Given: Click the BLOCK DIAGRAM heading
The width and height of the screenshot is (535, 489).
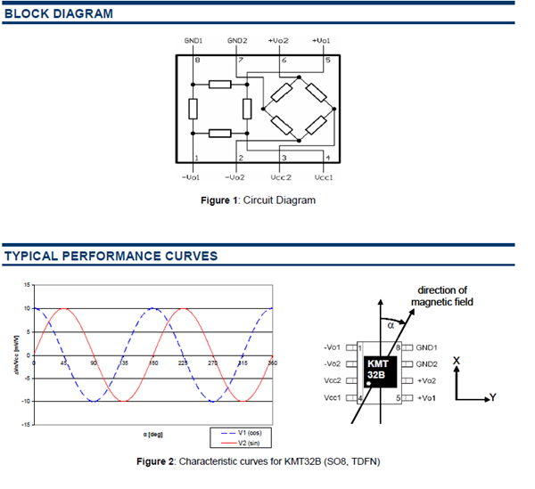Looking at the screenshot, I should pyautogui.click(x=59, y=14).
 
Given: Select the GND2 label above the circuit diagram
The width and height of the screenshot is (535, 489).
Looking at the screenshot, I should pyautogui.click(x=237, y=41).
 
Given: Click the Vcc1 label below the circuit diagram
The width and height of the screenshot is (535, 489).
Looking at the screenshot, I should pyautogui.click(x=326, y=177).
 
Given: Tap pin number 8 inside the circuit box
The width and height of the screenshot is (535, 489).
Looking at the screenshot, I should pyautogui.click(x=197, y=60).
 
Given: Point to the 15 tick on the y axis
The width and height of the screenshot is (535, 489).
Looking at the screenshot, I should pyautogui.click(x=26, y=284).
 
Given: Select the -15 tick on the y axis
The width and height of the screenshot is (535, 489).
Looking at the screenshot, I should pyautogui.click(x=25, y=424).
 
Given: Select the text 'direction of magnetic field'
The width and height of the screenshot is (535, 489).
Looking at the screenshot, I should pyautogui.click(x=441, y=297).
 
